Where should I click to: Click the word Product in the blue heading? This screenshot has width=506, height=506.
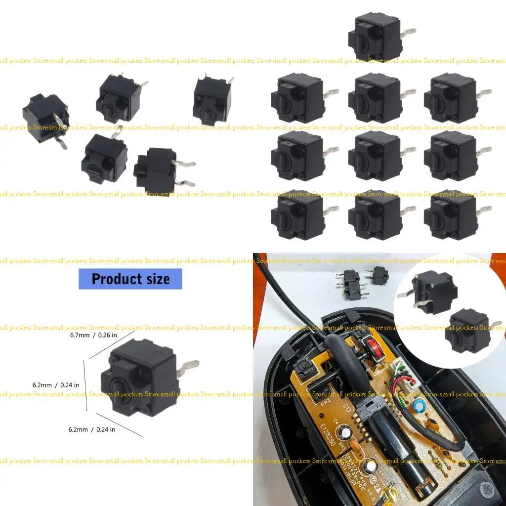pos(113,279)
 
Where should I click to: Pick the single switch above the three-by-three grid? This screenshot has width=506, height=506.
pos(377,38)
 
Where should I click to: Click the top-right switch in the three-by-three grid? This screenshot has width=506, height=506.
pos(452,98)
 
